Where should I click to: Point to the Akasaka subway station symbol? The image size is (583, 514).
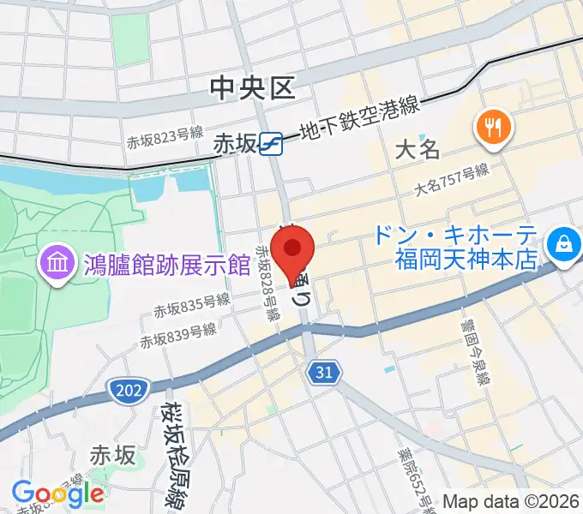click(272, 143)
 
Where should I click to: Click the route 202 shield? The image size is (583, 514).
click(124, 391)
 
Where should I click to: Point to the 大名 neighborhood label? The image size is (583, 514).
click(418, 149)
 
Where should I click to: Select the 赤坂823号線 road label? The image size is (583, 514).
click(164, 137)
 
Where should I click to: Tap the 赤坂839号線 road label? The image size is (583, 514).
click(179, 334)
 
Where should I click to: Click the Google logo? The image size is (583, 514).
click(57, 493)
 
